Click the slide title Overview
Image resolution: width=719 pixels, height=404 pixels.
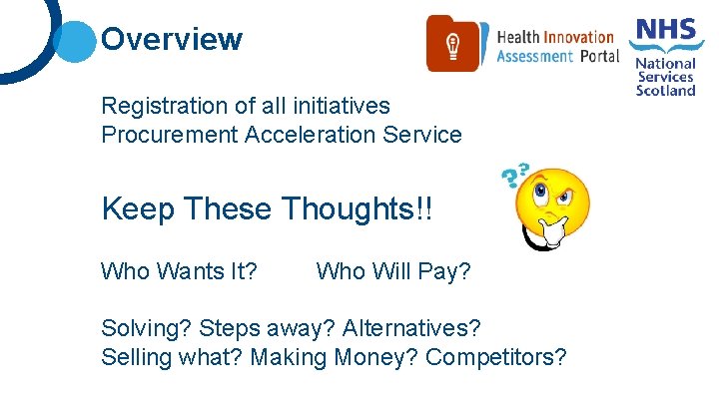coord(172,40)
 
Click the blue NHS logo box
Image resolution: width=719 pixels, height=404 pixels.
coord(666,29)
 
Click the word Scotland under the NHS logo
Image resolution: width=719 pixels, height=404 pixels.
coord(666,90)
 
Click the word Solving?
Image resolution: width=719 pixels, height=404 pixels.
coord(147,328)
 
